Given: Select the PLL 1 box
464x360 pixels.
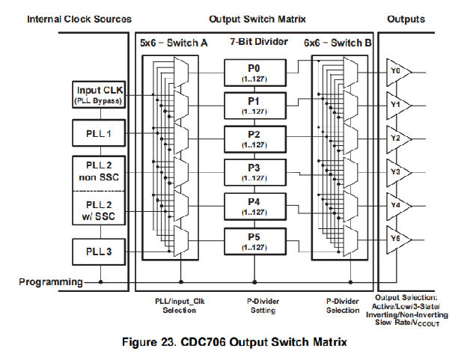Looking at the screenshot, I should pyautogui.click(x=99, y=135).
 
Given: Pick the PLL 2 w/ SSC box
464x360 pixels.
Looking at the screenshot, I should pyautogui.click(x=99, y=209).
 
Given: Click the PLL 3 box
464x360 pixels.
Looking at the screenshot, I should pyautogui.click(x=99, y=251).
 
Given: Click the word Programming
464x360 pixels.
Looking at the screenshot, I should pyautogui.click(x=52, y=281).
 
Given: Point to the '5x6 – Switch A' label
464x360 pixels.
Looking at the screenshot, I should pyautogui.click(x=174, y=43).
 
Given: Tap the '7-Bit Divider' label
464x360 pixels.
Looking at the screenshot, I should pyautogui.click(x=257, y=43).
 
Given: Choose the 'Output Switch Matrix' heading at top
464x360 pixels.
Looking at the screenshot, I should pyautogui.click(x=252, y=19).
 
